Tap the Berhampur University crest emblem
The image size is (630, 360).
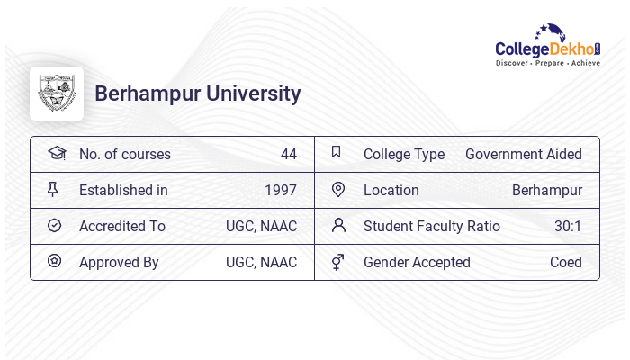click(x=57, y=94)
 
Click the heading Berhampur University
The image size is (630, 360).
click(x=198, y=94)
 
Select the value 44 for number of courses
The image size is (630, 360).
click(x=288, y=154)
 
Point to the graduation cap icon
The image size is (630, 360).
click(x=56, y=153)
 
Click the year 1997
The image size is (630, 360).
click(x=281, y=190)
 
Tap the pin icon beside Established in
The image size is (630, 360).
click(x=53, y=189)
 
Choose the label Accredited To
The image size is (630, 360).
click(x=122, y=226)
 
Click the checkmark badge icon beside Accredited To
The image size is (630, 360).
click(x=54, y=225)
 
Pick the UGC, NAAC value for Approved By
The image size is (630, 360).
click(x=261, y=262)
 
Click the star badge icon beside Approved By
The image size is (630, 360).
click(x=54, y=261)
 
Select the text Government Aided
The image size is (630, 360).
click(x=524, y=154)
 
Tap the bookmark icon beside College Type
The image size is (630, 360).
click(x=336, y=152)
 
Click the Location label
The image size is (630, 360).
click(x=391, y=190)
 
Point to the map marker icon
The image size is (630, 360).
click(x=338, y=189)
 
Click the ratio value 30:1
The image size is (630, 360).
click(x=568, y=226)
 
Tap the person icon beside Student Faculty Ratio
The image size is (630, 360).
click(x=338, y=225)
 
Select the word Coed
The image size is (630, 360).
click(x=566, y=262)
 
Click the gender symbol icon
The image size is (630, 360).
click(x=337, y=262)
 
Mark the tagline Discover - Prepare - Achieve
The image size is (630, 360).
click(x=548, y=63)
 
